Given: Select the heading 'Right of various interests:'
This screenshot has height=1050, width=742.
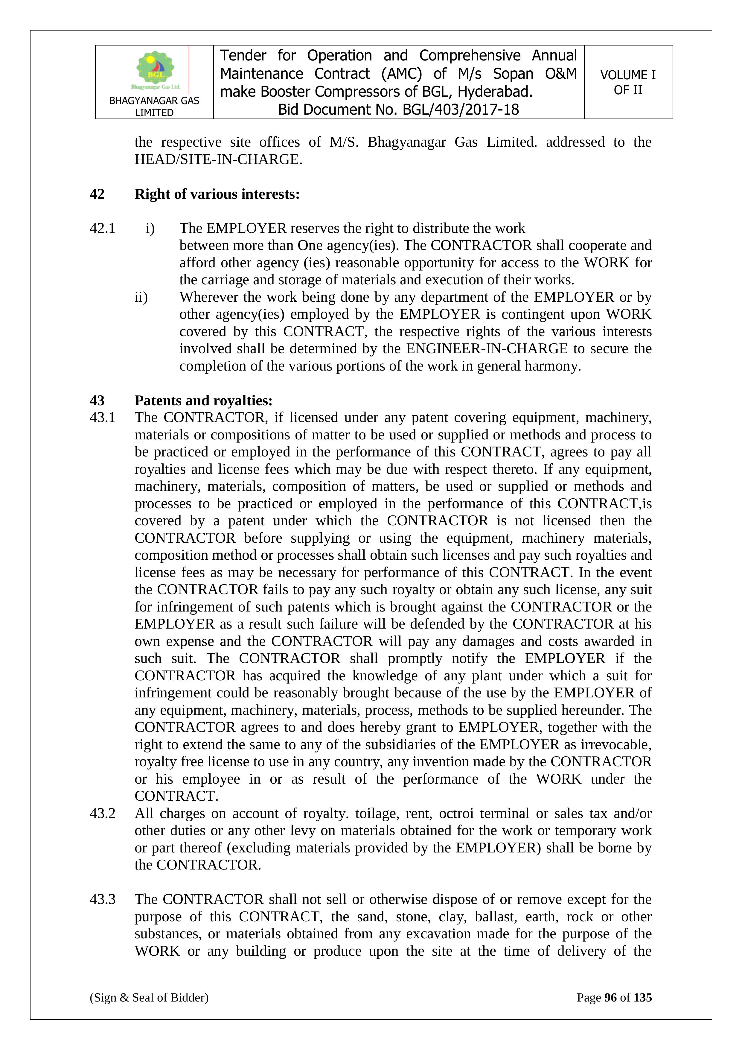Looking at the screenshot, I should (x=217, y=194).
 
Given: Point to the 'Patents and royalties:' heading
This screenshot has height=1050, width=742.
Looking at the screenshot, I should (x=203, y=400).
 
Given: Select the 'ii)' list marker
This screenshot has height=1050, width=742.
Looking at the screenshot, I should (x=141, y=297).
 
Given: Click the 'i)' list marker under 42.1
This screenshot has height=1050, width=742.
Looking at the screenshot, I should (x=150, y=228).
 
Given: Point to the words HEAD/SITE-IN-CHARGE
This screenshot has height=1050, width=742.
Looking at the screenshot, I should (x=218, y=159).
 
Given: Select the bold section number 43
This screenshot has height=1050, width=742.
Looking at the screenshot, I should (x=97, y=400).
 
